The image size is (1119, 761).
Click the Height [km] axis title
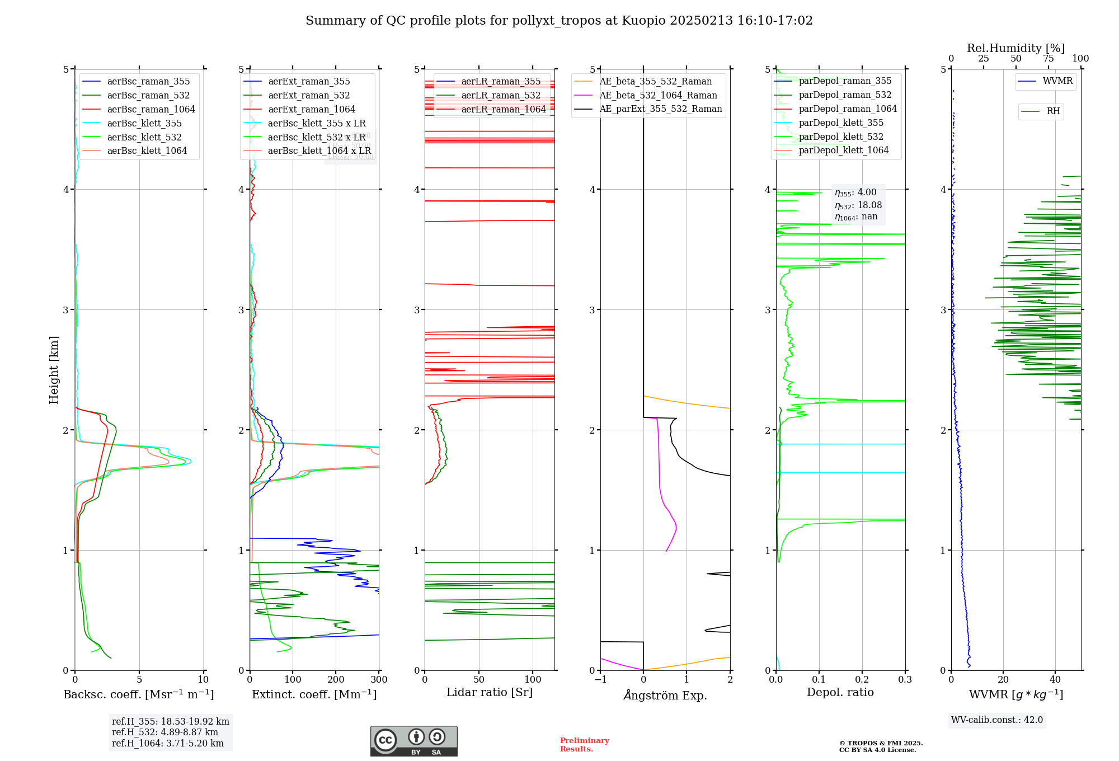[54, 370]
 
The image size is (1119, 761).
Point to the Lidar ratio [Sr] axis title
[490, 693]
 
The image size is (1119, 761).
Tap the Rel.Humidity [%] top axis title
[1015, 48]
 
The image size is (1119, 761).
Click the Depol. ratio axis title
[840, 693]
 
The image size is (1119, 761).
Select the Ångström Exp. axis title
[665, 696]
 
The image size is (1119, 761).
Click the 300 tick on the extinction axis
[379, 680]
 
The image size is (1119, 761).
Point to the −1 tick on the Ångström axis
[600, 680]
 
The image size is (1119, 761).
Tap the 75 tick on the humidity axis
[1048, 59]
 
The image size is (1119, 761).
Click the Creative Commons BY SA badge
[413, 741]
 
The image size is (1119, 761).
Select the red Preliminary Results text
[584, 745]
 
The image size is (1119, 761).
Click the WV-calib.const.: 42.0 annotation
[997, 720]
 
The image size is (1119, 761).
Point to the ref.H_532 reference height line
[165, 732]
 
